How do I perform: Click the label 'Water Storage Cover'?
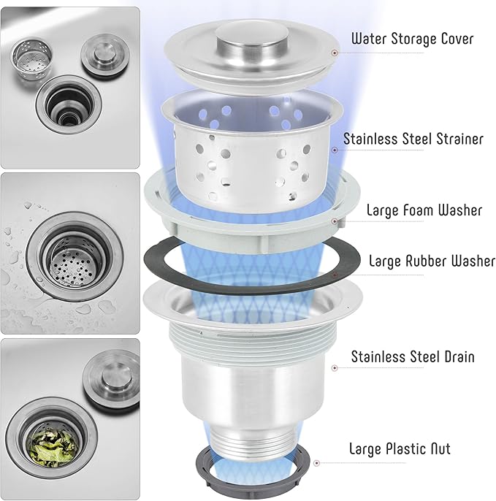point(412,39)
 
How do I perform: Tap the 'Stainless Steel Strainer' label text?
point(413,139)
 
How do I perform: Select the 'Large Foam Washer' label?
point(424,210)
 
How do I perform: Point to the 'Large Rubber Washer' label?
point(432,261)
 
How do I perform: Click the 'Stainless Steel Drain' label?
point(413,356)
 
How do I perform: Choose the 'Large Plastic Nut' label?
point(400,448)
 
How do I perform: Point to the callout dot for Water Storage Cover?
point(335,53)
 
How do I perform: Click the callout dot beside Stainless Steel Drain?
point(335,368)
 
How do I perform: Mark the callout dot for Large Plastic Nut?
point(317,463)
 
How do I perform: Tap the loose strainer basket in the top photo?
point(31,59)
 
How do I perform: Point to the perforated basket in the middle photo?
point(73,262)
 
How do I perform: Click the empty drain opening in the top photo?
point(69,104)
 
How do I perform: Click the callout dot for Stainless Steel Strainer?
point(335,150)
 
